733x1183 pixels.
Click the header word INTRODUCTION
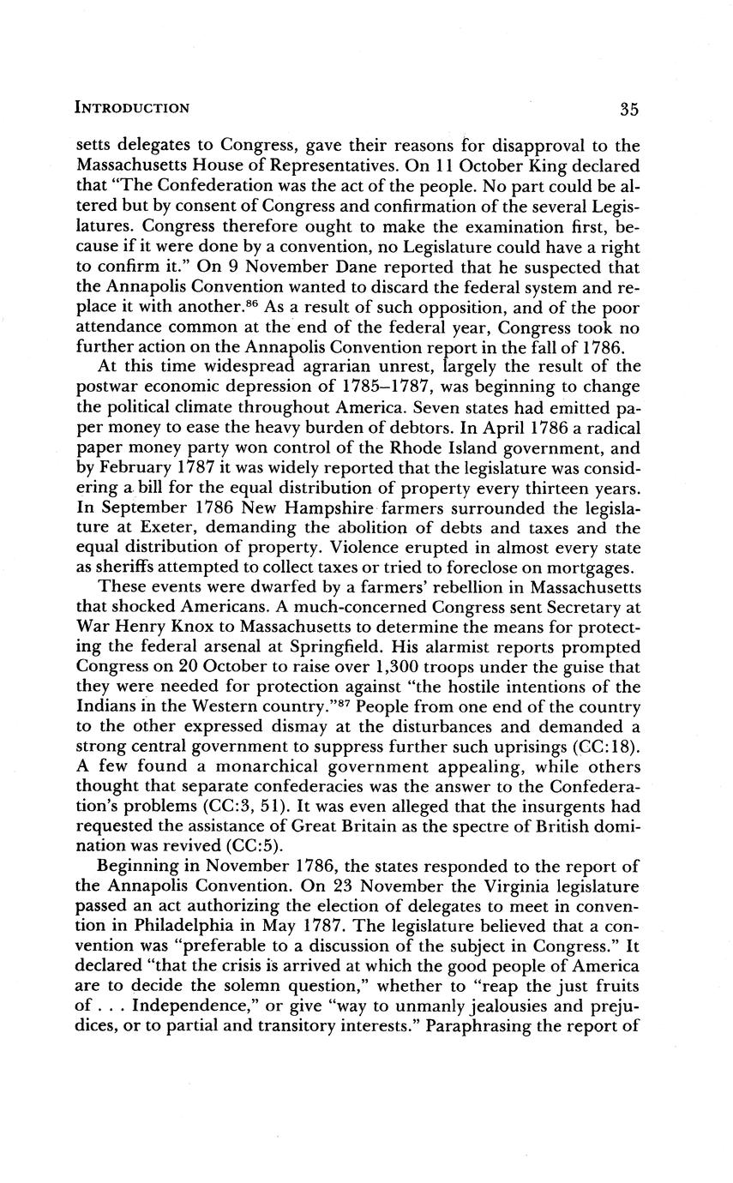[x=132, y=109]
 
